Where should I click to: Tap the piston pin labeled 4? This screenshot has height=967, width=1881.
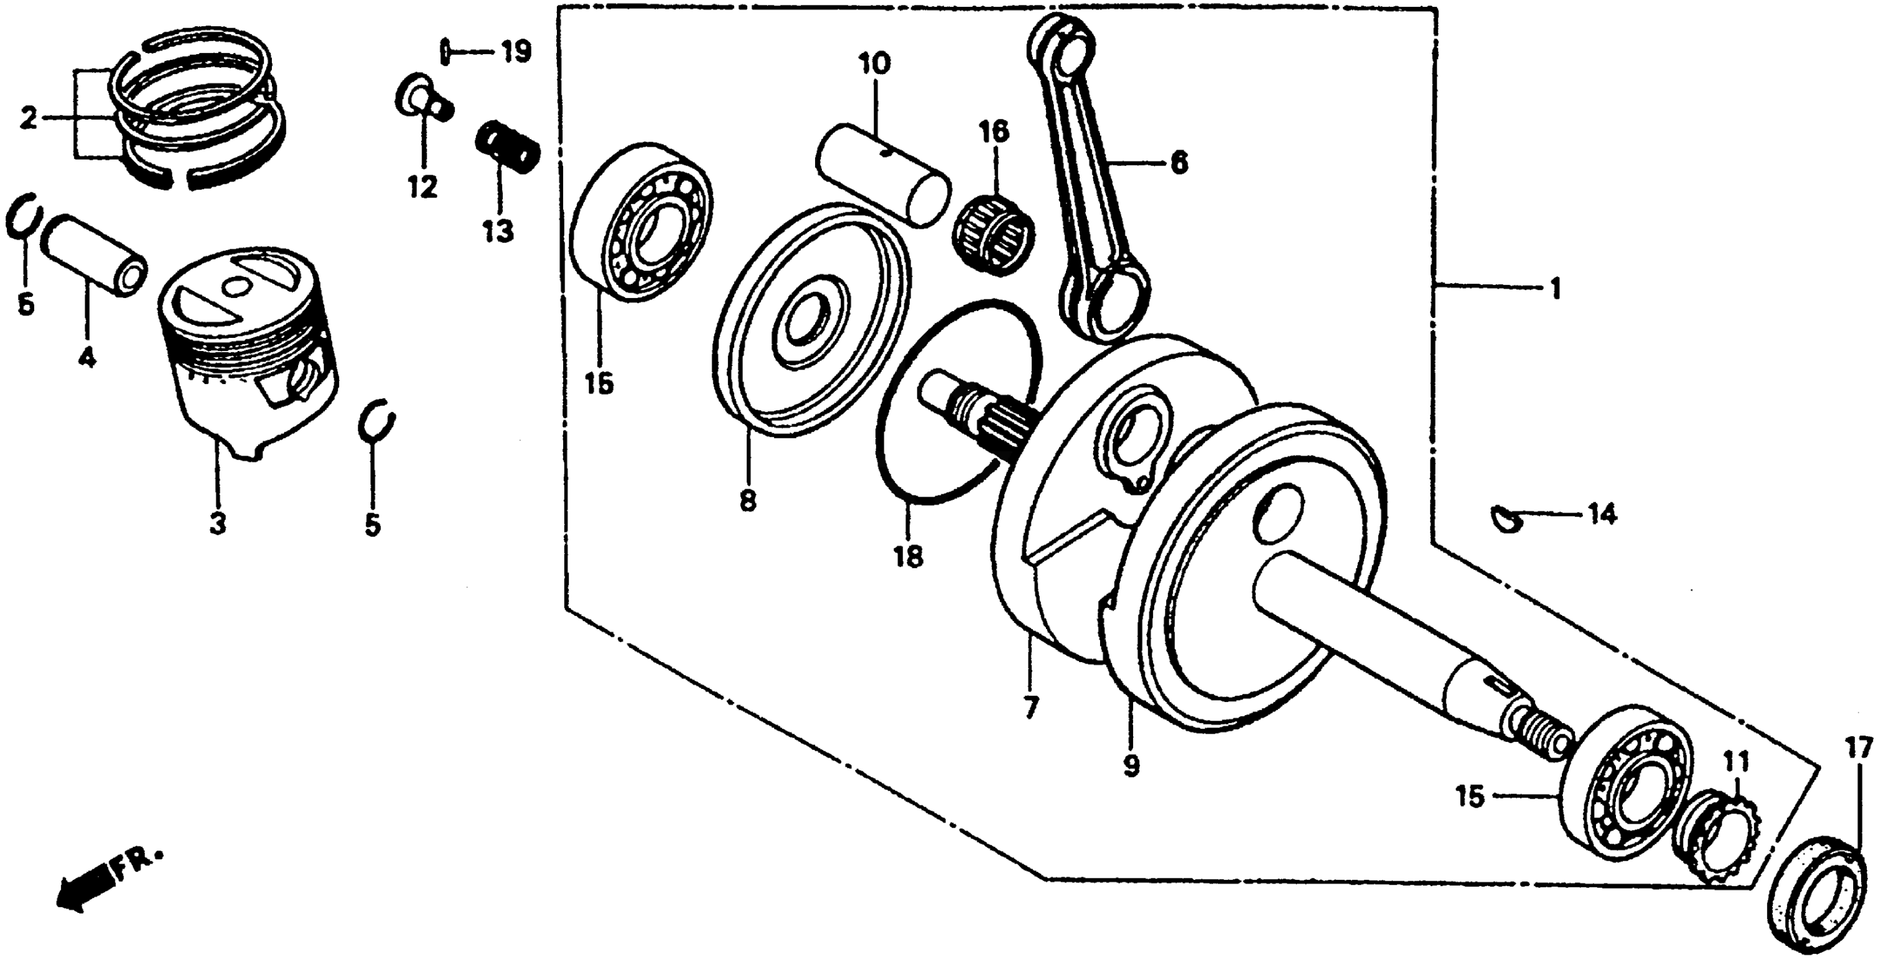[93, 253]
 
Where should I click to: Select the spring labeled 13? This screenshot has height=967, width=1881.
[507, 146]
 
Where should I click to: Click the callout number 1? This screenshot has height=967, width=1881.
[1555, 289]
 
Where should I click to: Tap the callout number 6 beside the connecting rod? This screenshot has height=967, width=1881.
[1179, 162]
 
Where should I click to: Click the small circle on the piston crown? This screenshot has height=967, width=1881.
[234, 288]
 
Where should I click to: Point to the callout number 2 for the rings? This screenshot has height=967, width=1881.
[28, 118]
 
